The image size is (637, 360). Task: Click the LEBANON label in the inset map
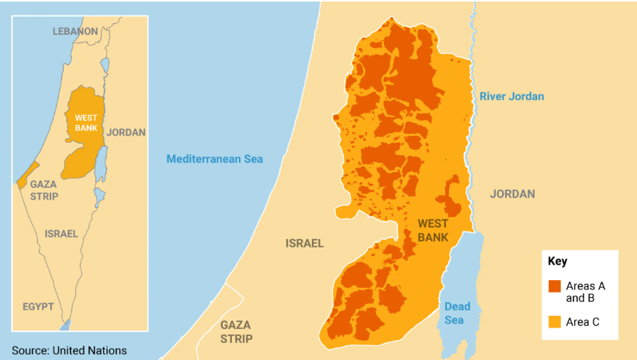[75, 31]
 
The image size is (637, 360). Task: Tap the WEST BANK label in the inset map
[85, 123]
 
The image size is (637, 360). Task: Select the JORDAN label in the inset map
[126, 132]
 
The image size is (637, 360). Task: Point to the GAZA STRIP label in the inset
[43, 190]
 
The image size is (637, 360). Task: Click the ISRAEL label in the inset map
[61, 234]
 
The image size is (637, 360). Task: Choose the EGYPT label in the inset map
[38, 306]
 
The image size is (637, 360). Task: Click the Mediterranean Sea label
[215, 159]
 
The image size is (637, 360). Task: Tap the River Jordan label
[511, 96]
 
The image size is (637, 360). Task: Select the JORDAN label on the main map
[512, 194]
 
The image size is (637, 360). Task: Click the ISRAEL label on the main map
[304, 243]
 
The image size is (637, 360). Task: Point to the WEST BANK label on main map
[433, 230]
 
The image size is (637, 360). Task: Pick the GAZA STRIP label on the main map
[236, 331]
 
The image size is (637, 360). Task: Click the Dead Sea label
[457, 313]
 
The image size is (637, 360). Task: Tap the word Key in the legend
[557, 261]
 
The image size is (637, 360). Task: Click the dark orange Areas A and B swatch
[554, 286]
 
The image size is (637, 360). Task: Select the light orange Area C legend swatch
[554, 320]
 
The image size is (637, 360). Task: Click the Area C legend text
[582, 320]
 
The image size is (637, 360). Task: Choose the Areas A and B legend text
[585, 292]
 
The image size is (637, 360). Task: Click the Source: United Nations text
[69, 351]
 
